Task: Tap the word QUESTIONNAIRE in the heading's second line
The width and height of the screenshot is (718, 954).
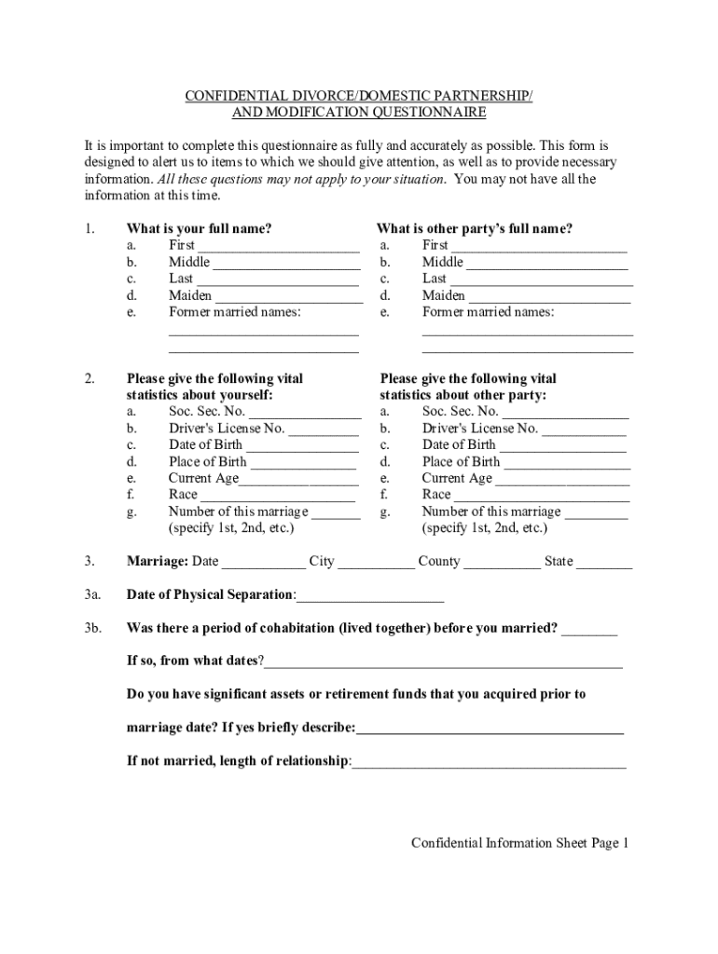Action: point(426,114)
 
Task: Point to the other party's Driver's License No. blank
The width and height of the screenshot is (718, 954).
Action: point(584,431)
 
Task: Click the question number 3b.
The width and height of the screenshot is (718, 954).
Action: point(91,628)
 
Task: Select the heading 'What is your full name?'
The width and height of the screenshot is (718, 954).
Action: point(199,229)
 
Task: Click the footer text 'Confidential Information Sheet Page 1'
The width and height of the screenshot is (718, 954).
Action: point(521,843)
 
